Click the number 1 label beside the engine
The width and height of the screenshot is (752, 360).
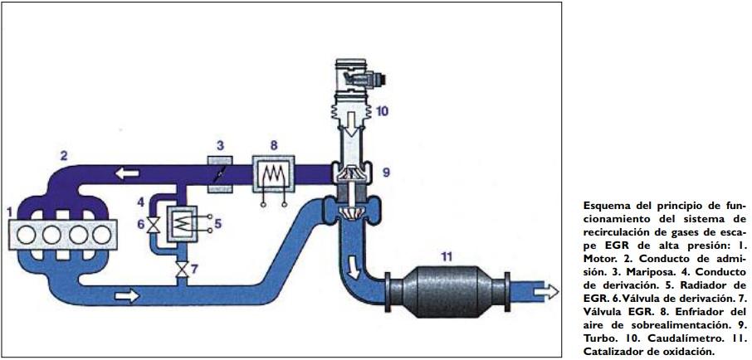[x=9, y=213]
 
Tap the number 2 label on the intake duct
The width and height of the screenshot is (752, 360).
[x=64, y=155]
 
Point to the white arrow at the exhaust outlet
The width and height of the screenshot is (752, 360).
[x=546, y=291]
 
